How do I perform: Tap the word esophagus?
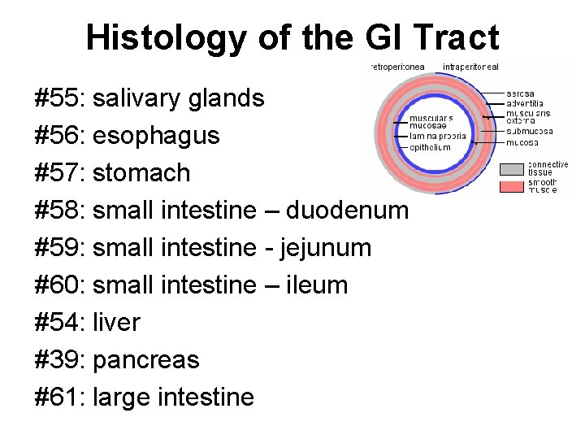point(156,136)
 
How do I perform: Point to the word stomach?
point(141,172)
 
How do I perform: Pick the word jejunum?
point(325,247)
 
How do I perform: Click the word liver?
point(116,322)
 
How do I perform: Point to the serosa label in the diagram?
point(520,94)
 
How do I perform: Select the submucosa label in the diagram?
point(529,131)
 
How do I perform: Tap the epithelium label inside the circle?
point(430,147)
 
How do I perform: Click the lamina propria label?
point(438,137)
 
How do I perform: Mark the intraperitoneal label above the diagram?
point(471,66)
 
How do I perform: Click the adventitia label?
point(525,103)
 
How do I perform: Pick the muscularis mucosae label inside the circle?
point(431,122)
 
